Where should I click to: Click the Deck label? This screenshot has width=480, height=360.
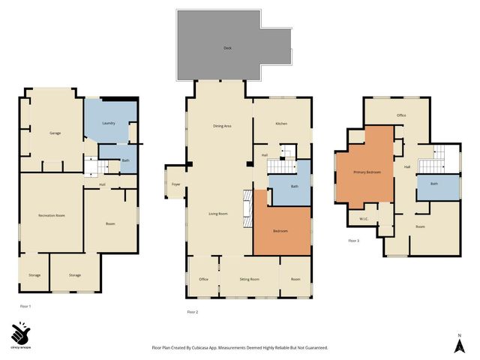(x=227, y=48)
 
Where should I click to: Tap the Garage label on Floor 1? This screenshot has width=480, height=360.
(x=55, y=133)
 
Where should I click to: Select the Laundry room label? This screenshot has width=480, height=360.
(x=108, y=122)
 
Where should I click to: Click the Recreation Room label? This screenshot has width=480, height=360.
(x=51, y=215)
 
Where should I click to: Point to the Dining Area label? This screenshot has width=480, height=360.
(x=222, y=126)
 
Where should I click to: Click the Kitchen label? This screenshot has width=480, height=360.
(x=281, y=123)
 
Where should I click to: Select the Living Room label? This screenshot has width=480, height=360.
(x=217, y=214)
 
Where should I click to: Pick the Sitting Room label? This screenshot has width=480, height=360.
(x=249, y=279)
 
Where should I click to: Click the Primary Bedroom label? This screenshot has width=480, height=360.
(x=367, y=172)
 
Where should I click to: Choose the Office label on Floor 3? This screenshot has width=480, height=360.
(x=401, y=115)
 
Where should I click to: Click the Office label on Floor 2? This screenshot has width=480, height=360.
(x=203, y=279)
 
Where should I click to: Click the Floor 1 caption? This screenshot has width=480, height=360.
(x=25, y=306)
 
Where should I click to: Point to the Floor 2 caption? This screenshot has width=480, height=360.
(x=192, y=311)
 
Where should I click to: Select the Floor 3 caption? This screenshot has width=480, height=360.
(x=354, y=241)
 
